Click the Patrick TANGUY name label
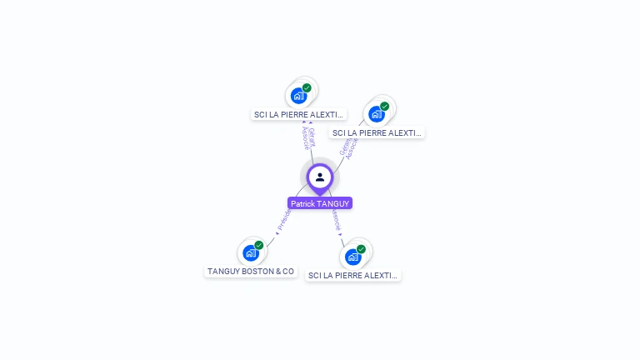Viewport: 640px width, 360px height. [x=320, y=203]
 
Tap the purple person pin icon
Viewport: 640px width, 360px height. [x=320, y=177]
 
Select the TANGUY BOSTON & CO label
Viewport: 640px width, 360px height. [x=251, y=272]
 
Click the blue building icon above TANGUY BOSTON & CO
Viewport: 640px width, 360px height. [x=250, y=253]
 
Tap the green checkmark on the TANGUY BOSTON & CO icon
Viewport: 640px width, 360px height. [x=259, y=246]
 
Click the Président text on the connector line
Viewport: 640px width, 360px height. [x=284, y=220]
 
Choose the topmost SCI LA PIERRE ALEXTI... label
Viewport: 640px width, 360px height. [x=298, y=114]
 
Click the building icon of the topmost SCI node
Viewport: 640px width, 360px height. [x=298, y=96]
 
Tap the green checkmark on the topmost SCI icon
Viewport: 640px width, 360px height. [x=307, y=87]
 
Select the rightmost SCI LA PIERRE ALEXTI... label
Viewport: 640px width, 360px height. [x=377, y=132]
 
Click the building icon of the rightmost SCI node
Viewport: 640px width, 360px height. [x=376, y=114]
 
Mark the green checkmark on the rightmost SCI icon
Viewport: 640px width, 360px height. [x=385, y=107]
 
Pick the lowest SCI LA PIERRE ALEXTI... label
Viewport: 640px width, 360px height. [x=352, y=275]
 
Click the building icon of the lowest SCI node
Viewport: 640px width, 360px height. [x=352, y=257]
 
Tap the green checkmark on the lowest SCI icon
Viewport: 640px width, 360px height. [x=361, y=249]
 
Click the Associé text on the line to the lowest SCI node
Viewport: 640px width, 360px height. [x=336, y=220]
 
